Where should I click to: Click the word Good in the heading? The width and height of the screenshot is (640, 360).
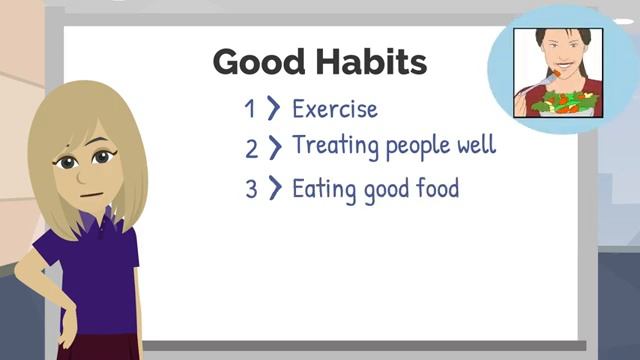point(251,63)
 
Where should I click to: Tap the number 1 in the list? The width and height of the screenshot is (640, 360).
point(250,108)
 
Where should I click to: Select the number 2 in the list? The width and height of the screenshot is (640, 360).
point(251,148)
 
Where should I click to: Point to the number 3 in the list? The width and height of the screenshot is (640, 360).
point(251,188)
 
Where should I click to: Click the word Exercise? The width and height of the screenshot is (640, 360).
point(335,108)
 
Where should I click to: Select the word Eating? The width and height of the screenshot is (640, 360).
point(323,188)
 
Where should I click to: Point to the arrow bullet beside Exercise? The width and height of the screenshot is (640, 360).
point(274,108)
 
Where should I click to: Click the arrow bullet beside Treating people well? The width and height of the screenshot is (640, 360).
point(275,148)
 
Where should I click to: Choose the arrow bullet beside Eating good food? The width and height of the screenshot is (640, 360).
point(275,188)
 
